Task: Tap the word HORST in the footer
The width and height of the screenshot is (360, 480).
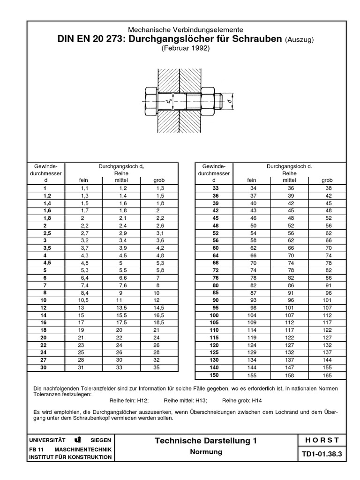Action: [322, 440]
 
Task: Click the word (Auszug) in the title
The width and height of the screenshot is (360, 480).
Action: [299, 39]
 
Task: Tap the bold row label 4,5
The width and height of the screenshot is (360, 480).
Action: [45, 263]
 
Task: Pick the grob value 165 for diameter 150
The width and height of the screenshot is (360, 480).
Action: [327, 375]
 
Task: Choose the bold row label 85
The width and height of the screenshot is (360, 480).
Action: [216, 292]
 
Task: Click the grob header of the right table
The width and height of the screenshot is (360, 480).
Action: [327, 180]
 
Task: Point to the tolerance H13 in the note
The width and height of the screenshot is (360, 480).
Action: [200, 401]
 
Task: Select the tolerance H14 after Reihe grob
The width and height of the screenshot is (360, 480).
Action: [256, 401]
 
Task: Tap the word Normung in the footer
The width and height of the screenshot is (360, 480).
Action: [206, 452]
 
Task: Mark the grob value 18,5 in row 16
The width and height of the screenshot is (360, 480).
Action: [159, 322]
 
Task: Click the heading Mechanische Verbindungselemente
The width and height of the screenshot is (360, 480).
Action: [186, 30]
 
